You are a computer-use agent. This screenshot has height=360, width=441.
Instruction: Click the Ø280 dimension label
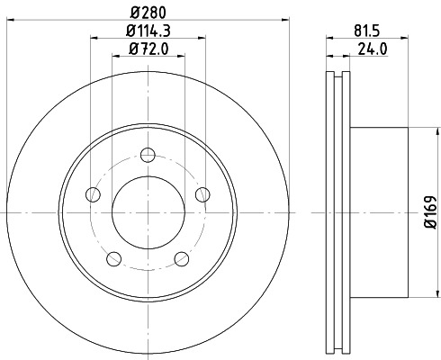click(x=148, y=12)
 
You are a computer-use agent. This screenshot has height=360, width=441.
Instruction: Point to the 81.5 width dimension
click(x=366, y=29)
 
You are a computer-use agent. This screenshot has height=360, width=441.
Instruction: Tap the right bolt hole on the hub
click(x=202, y=193)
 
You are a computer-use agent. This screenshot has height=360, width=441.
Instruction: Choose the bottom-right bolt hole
click(x=183, y=259)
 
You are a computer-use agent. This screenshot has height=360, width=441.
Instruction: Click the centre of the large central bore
click(x=148, y=213)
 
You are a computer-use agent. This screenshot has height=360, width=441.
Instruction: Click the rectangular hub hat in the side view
click(x=378, y=213)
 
